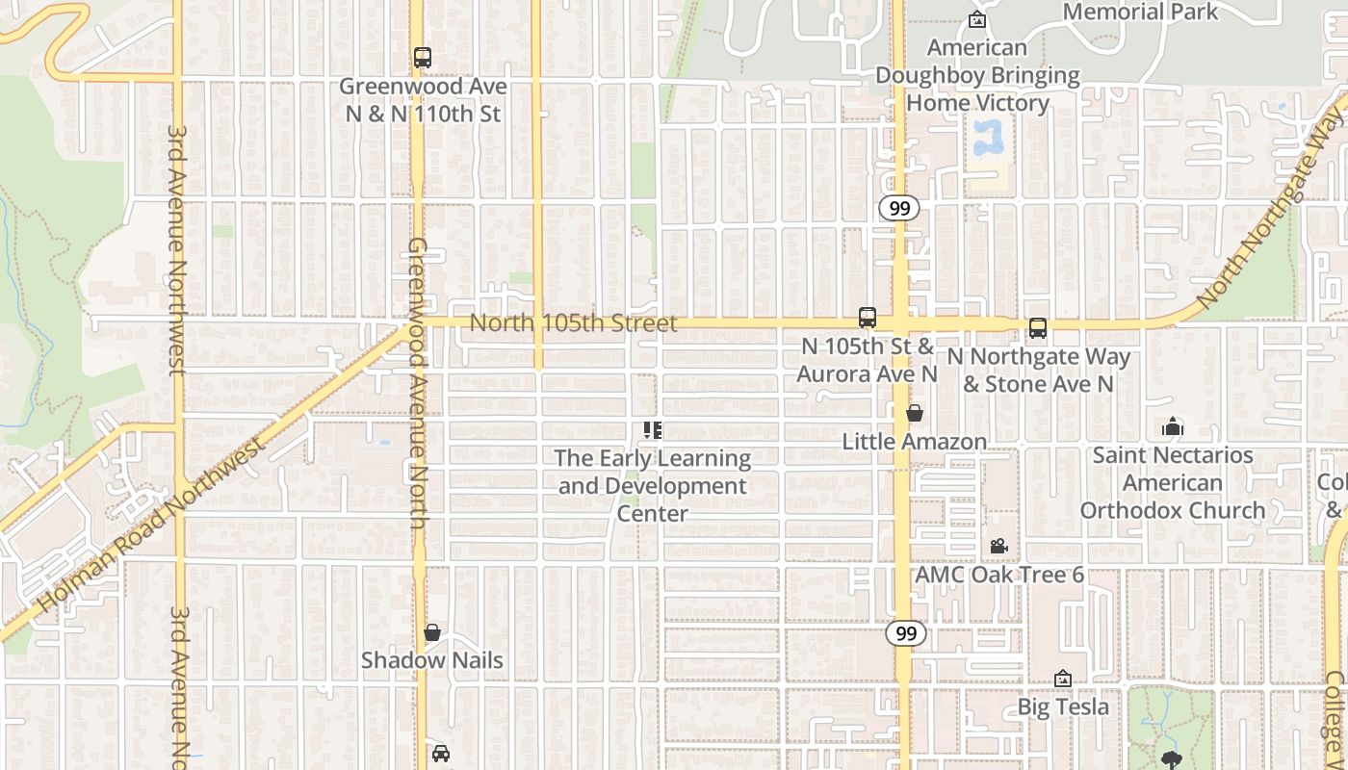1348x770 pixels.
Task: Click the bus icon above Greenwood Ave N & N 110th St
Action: [422, 58]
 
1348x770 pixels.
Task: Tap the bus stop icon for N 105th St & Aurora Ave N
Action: [868, 318]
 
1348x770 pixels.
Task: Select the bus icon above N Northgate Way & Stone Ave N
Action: [1038, 328]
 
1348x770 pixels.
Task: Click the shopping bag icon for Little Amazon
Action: [915, 414]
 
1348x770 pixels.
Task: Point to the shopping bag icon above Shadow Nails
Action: [432, 632]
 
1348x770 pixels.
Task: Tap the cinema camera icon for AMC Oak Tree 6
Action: [998, 547]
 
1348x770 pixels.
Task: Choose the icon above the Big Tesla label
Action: [1063, 680]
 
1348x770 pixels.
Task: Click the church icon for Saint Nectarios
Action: [1173, 425]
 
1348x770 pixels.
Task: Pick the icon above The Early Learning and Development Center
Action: [653, 430]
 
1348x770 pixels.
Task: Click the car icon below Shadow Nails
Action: [440, 753]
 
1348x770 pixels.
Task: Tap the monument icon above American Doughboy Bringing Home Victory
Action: [977, 19]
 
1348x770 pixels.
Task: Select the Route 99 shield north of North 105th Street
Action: [899, 208]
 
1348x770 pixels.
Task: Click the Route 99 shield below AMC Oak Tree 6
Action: [905, 633]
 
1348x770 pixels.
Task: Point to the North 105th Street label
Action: [573, 323]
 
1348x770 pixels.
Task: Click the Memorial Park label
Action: [1140, 12]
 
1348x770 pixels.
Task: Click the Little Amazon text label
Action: [915, 442]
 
